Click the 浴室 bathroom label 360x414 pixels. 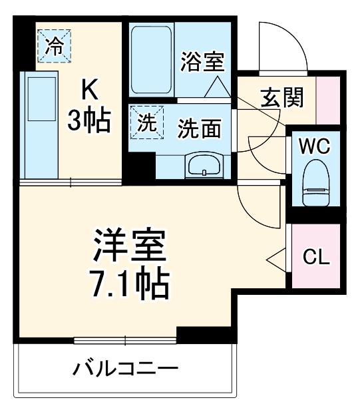[x=202, y=64]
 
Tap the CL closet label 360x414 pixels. [x=316, y=257]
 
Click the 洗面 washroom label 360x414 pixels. [x=199, y=129]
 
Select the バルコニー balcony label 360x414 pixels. [x=125, y=368]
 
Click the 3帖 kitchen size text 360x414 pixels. [x=90, y=120]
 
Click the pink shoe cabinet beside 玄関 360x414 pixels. [x=327, y=99]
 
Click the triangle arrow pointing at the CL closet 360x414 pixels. [x=277, y=257]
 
